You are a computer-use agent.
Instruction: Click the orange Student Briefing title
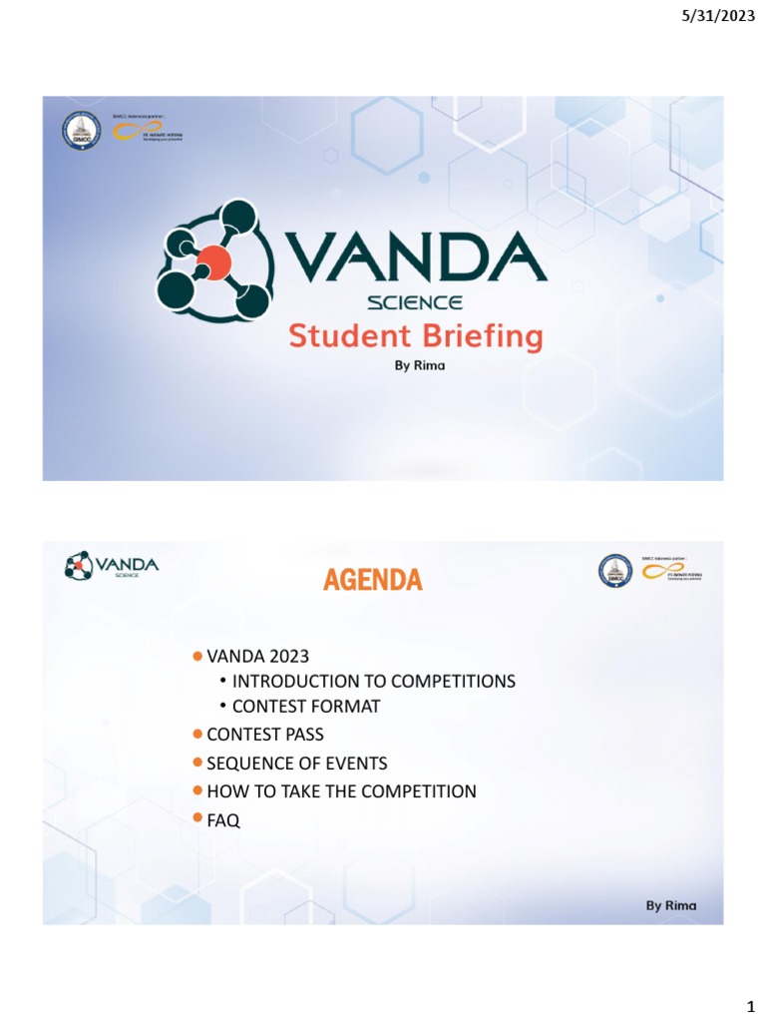click(416, 336)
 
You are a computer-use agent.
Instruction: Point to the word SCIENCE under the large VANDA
click(415, 302)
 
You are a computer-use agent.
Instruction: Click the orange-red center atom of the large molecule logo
click(213, 264)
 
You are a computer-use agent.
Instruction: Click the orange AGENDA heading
click(372, 580)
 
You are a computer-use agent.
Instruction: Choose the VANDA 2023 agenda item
click(257, 656)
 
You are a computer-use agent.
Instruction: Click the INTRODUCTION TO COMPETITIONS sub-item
click(373, 682)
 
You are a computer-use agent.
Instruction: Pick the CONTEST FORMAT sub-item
click(306, 707)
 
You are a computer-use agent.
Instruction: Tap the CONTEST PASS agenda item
click(265, 735)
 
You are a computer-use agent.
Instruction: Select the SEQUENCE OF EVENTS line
click(296, 764)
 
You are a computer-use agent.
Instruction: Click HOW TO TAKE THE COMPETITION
click(341, 791)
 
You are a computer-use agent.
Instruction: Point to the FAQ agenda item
click(223, 820)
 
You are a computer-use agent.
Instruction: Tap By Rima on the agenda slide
click(670, 905)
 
